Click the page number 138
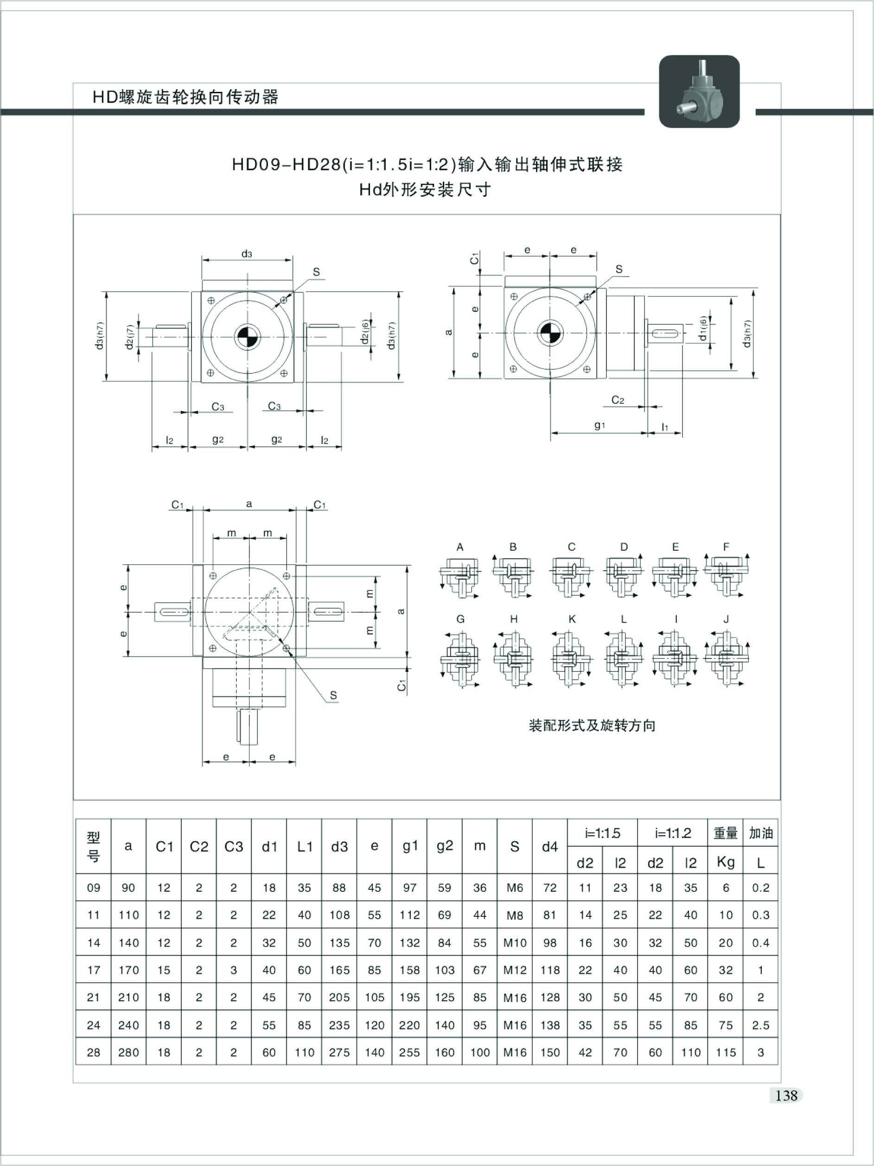point(786,1095)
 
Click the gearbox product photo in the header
point(699,91)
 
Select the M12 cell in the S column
point(515,970)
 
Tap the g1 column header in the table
point(409,846)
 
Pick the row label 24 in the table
point(93,1025)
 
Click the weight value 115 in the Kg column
point(726,1052)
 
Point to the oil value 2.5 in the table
point(761,1025)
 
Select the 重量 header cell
point(726,833)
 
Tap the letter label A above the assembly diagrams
point(460,547)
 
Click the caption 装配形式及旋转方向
point(592,725)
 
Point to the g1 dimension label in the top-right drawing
point(600,425)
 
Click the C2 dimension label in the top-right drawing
point(618,400)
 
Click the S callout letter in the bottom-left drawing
point(333,695)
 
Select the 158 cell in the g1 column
point(409,970)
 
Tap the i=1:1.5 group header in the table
point(602,833)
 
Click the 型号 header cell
point(93,846)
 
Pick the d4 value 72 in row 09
point(549,888)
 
